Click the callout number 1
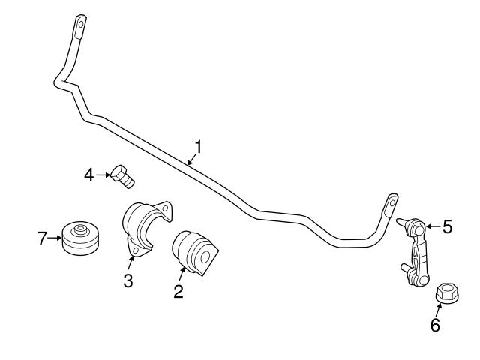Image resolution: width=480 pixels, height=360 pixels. tap(199, 147)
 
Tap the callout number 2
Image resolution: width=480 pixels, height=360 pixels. tap(178, 291)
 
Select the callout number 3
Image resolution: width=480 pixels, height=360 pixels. tap(128, 280)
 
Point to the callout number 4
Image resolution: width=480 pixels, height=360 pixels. tap(89, 175)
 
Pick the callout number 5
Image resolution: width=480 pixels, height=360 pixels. tap(448, 226)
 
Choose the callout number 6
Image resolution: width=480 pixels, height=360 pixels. tap(435, 325)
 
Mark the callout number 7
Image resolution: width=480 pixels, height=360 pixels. tap(42, 238)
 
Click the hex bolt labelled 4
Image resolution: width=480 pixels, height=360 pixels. tap(122, 177)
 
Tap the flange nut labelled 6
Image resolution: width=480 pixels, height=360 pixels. tap(447, 293)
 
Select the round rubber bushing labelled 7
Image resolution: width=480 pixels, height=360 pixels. tap(80, 238)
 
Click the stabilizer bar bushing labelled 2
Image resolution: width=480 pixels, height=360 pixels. tap(195, 253)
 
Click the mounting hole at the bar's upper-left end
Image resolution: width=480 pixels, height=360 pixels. tap(81, 23)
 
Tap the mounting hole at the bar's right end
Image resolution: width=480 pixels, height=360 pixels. tap(391, 202)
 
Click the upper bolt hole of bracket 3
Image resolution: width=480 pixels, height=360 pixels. tap(165, 208)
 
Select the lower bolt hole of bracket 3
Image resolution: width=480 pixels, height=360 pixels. tap(135, 250)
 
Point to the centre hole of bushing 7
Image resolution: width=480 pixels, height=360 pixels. tap(80, 228)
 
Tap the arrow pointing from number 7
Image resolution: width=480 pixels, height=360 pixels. tap(55, 238)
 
